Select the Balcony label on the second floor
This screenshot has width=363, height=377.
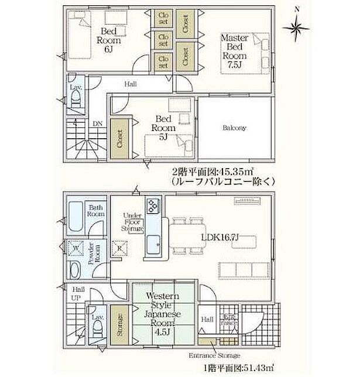click(x=234, y=128)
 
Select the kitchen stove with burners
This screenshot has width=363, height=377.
click(x=153, y=206)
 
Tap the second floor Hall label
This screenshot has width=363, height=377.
click(x=131, y=84)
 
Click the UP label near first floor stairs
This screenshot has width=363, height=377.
click(x=76, y=298)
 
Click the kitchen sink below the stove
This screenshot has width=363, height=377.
click(x=153, y=247)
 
